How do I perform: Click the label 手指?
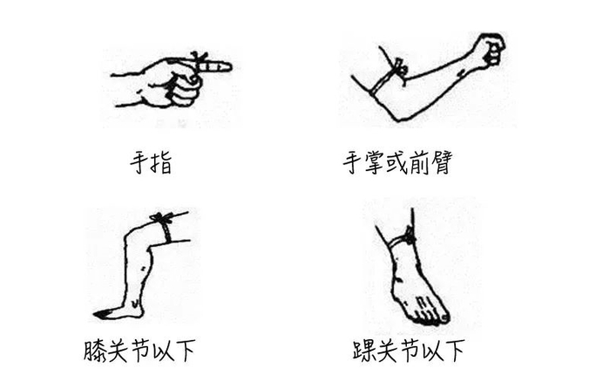pos(151,163)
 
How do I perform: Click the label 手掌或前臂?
pos(397,162)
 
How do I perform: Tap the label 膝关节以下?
pos(139,351)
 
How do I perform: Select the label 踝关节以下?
pos(409,351)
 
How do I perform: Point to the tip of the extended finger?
pos(230,66)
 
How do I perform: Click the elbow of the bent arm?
pos(396,116)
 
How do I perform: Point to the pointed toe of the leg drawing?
pos(98,314)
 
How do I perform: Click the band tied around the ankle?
pos(403,238)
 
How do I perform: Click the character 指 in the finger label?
pos(161,163)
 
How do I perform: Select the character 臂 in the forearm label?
pos(441,162)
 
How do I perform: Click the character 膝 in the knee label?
pos(94,351)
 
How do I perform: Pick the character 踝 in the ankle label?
pos(363,351)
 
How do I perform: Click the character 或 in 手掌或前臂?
pos(397,162)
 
